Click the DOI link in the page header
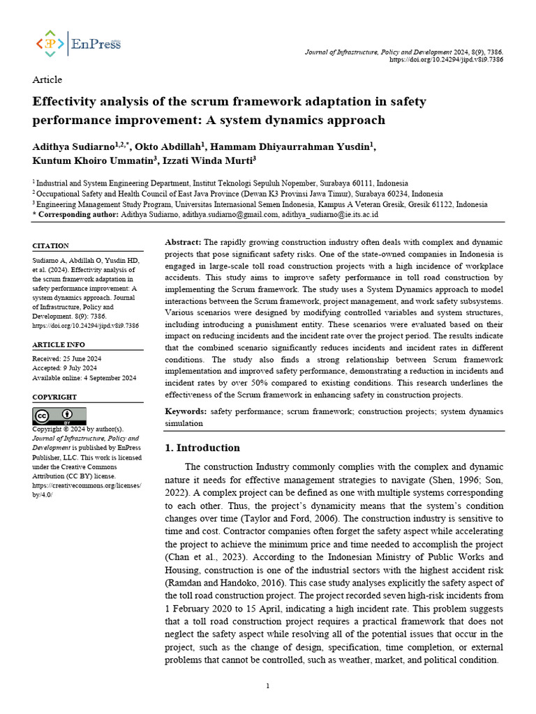446,60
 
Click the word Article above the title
47,79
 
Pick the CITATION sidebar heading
51,246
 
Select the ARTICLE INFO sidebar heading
59,344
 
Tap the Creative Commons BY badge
59,416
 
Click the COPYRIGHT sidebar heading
54,397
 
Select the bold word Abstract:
183,241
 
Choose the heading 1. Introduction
202,448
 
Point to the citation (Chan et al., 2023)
198,557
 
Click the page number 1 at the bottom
268,686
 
